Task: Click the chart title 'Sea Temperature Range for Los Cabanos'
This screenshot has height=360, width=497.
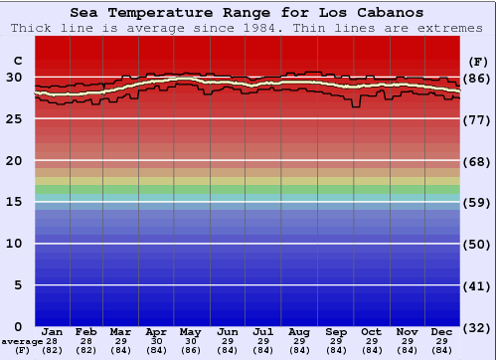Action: coord(247,13)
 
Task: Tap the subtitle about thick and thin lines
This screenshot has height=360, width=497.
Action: coord(247,28)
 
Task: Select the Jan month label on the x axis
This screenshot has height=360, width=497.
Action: coord(53,331)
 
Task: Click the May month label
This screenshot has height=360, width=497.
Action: coord(191,331)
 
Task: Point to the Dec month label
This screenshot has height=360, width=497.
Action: coord(442,331)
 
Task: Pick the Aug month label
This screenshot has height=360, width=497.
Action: coord(298,331)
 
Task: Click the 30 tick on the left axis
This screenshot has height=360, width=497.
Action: coord(14,78)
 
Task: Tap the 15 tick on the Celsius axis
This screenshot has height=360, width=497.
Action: coord(14,202)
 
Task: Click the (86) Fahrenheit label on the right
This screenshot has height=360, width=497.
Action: coord(477,78)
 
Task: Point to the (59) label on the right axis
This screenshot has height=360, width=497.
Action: coord(477,202)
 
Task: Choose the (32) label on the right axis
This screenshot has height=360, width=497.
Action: coord(477,326)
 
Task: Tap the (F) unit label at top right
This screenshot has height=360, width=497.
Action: coord(477,61)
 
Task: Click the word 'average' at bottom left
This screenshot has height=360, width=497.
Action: coord(21,341)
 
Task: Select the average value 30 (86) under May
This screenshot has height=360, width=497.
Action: coord(191,345)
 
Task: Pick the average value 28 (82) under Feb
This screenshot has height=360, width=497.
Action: coord(86,345)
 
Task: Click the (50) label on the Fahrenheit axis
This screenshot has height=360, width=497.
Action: coord(477,244)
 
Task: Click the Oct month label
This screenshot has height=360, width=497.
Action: coord(371,331)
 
